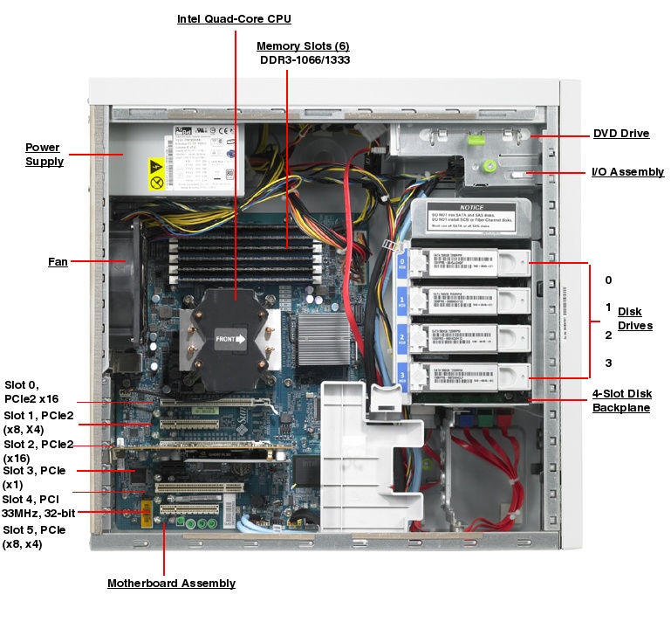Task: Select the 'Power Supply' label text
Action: coord(43,155)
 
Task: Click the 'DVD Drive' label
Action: coord(621,134)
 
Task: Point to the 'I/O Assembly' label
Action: coord(627,172)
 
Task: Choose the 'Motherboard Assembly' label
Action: coord(171,583)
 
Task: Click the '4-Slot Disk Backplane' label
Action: coord(621,401)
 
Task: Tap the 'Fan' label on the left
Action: coord(58,261)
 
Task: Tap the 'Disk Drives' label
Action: coord(634,319)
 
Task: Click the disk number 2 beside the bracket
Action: coord(608,335)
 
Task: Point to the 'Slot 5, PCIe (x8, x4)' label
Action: coord(34,536)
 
